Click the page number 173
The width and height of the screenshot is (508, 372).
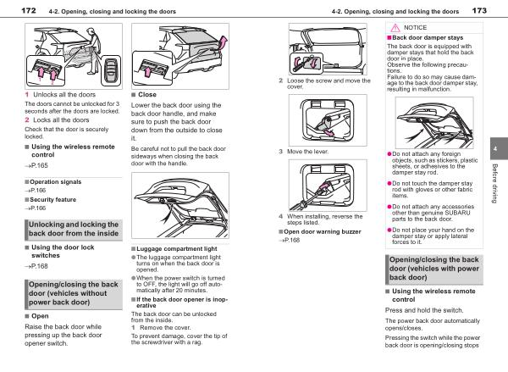pos(478,11)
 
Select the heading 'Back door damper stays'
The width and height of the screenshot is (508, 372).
pos(425,38)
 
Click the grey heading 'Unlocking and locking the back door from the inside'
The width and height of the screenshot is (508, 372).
pos(73,228)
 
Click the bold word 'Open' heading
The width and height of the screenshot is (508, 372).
pos(39,315)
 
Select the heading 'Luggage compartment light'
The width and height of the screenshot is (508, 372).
pos(169,249)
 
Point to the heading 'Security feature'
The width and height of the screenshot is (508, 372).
pos(53,199)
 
